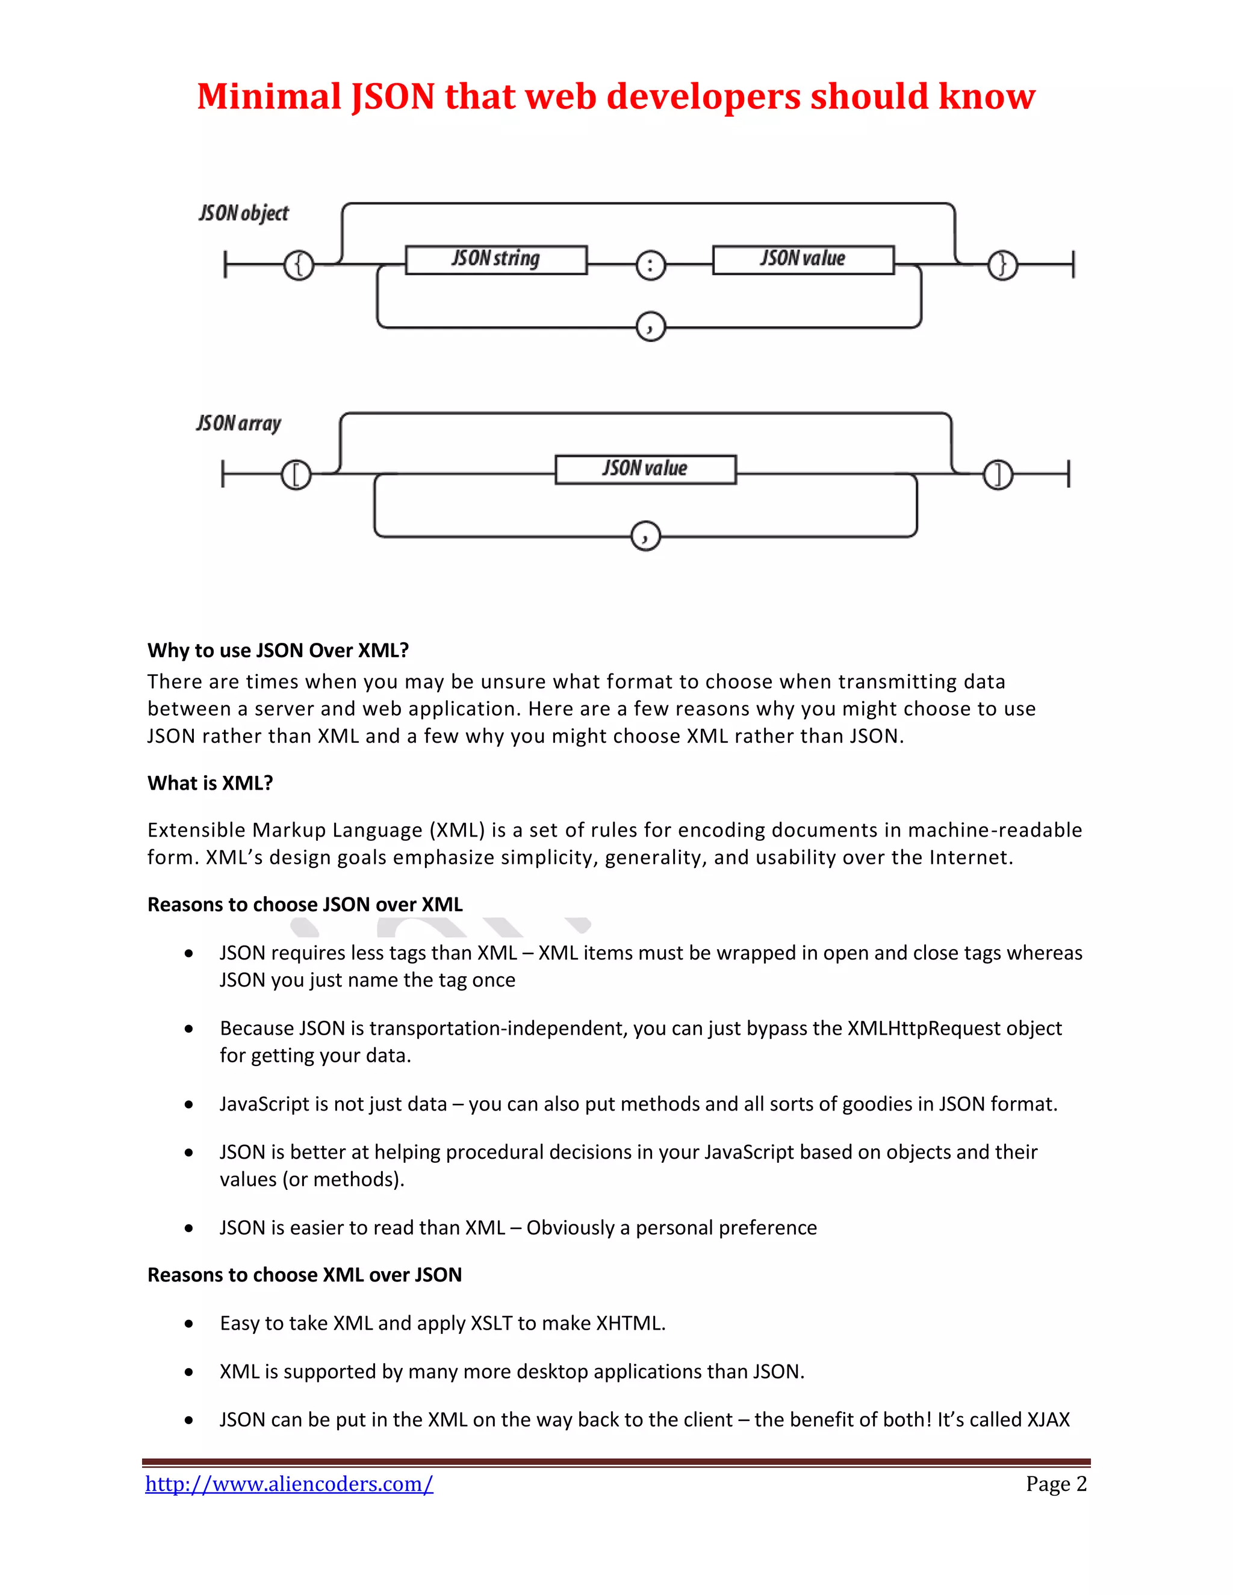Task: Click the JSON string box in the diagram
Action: (496, 259)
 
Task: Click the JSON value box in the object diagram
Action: (803, 259)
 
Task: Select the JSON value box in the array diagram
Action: (646, 469)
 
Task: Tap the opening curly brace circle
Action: (298, 264)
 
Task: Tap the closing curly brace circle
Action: (1002, 264)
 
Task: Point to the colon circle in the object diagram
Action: (650, 265)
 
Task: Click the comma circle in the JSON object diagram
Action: (650, 326)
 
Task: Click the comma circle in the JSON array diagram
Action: (645, 536)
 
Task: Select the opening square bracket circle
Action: (296, 475)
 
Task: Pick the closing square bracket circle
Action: (998, 475)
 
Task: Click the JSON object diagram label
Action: (244, 213)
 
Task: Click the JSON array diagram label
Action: (239, 424)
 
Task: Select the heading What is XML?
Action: (210, 783)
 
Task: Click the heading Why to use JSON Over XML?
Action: (278, 650)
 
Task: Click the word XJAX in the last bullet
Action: (1048, 1419)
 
